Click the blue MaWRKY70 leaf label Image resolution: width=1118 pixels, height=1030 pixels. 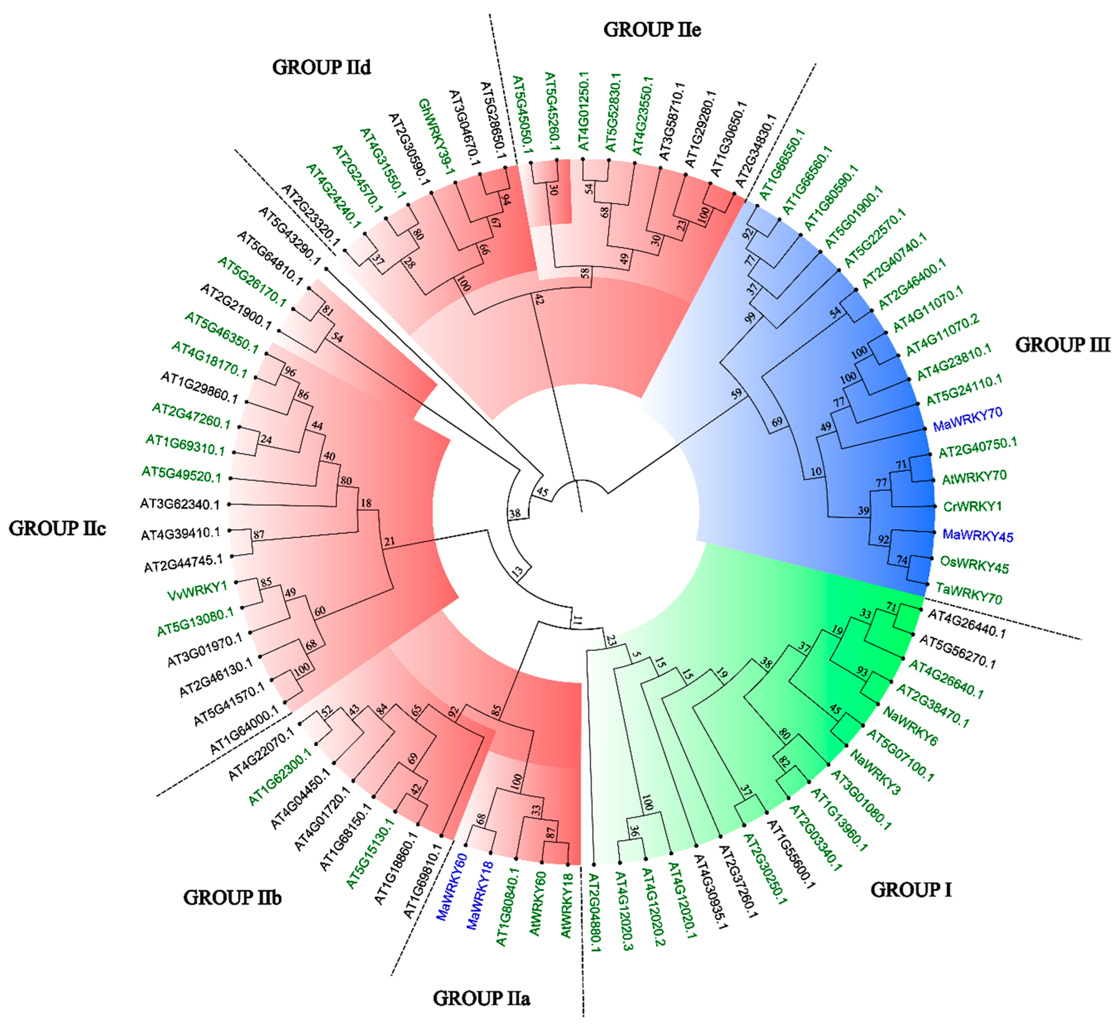tap(967, 419)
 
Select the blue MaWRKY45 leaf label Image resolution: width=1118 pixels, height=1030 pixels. tap(977, 536)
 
